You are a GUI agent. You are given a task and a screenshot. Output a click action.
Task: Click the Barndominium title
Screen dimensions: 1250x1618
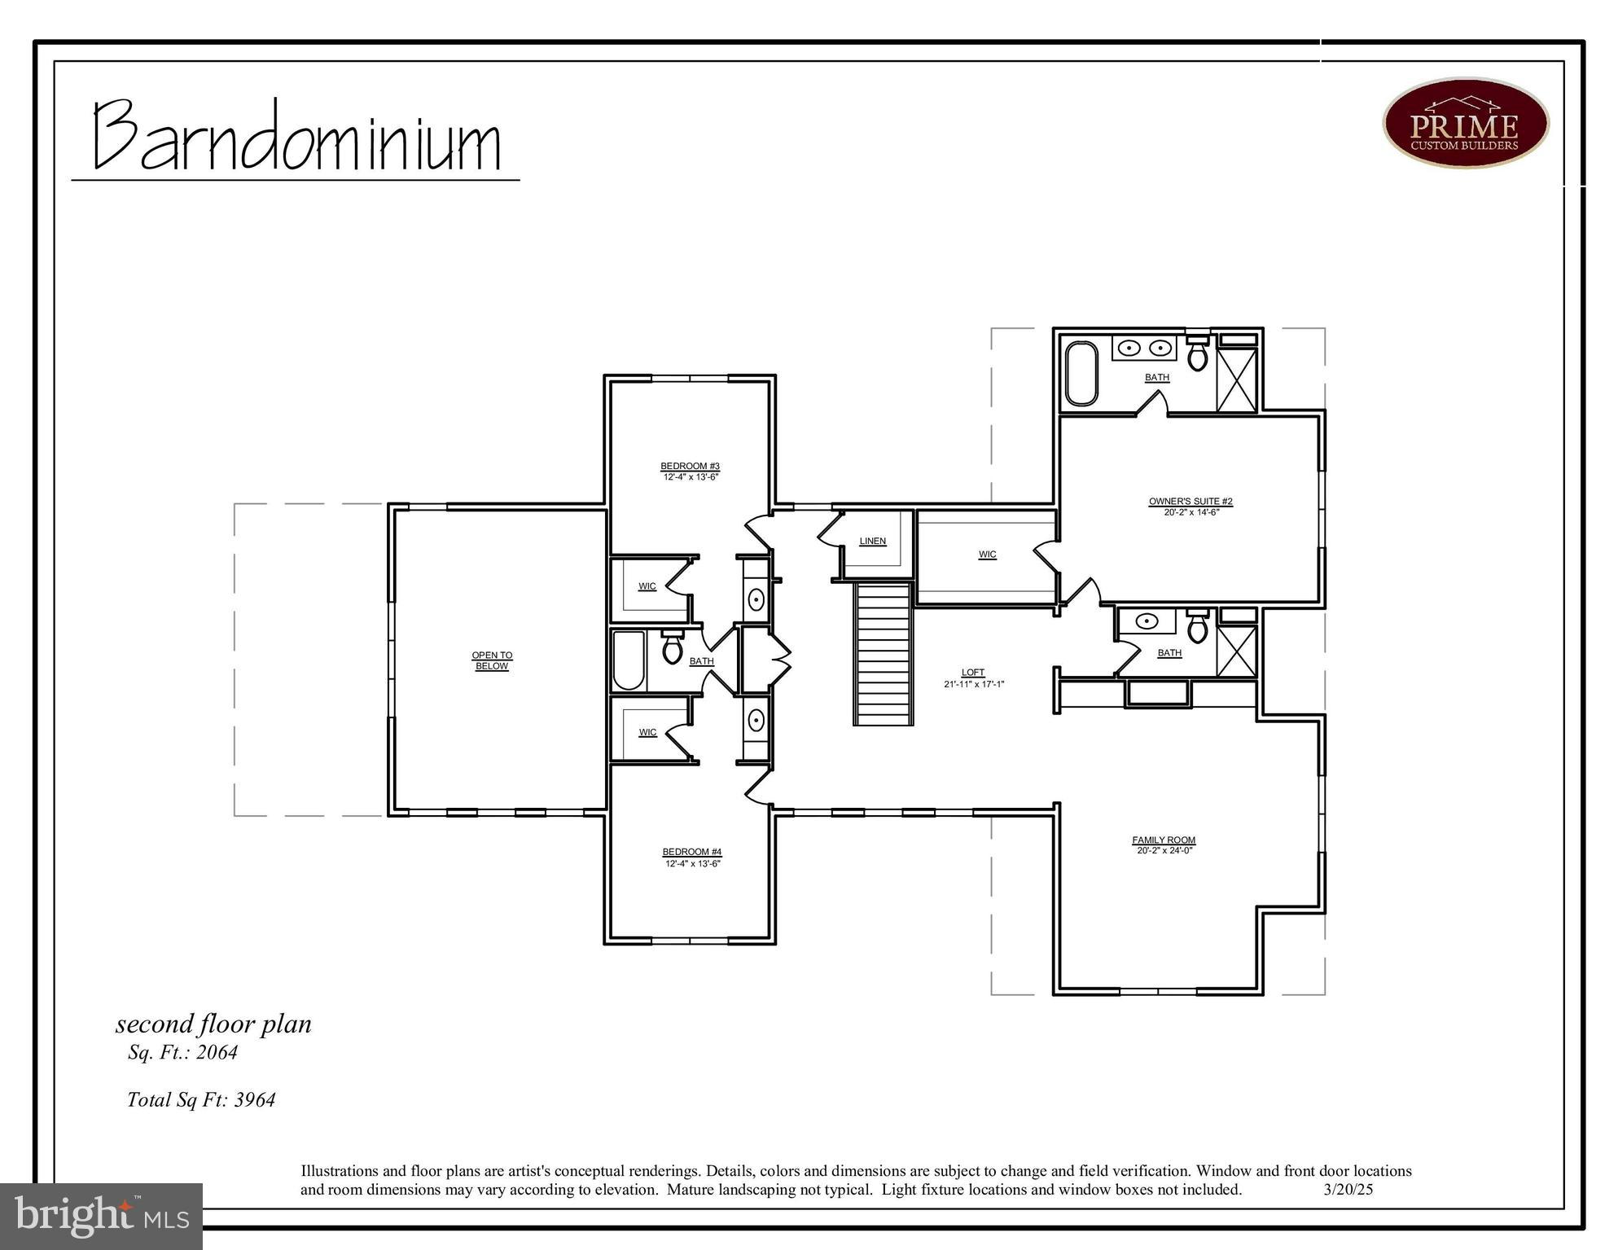pos(296,137)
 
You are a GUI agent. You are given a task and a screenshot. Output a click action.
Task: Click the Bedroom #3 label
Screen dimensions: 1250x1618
pos(690,467)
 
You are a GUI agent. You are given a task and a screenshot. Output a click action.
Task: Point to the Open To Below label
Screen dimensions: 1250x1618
pos(492,660)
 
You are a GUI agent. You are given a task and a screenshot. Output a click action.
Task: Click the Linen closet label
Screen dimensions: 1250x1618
pos(872,542)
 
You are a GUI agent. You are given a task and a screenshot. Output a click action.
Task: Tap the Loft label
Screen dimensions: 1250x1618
pos(973,673)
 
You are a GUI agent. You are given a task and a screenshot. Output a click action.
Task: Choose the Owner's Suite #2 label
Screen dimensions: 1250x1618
pos(1190,502)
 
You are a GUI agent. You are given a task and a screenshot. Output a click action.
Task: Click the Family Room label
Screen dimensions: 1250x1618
pos(1164,840)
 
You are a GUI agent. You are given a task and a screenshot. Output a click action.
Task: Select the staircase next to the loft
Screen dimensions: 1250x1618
pos(883,654)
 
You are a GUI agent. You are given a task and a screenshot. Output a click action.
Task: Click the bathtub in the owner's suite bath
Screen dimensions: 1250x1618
pos(1081,373)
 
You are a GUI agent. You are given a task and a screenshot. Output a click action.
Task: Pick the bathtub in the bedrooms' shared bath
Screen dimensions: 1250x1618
pos(629,660)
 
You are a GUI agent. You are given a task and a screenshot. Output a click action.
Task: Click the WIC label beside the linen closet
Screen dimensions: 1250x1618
pos(987,555)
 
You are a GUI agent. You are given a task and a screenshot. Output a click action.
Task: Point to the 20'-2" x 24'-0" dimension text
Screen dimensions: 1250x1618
pos(1164,851)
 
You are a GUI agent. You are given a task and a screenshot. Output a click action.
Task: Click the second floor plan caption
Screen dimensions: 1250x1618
pos(213,1024)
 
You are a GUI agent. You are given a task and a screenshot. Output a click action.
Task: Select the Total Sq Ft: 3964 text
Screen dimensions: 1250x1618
pos(201,1100)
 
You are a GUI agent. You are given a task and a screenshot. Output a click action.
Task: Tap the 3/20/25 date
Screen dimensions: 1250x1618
pos(1348,1189)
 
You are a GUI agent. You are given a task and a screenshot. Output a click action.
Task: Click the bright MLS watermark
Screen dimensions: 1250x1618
pos(101,1216)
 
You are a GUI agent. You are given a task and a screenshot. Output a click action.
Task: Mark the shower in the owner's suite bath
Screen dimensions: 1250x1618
pos(1236,379)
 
